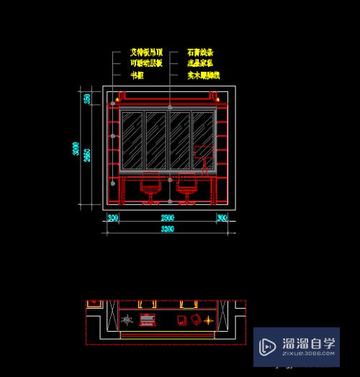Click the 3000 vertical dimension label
pyautogui.click(x=76, y=149)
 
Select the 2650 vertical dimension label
pyautogui.click(x=87, y=155)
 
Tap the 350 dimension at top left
pyautogui.click(x=87, y=98)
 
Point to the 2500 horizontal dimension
pyautogui.click(x=167, y=217)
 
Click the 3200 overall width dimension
pyautogui.click(x=167, y=229)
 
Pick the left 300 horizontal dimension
pyautogui.click(x=113, y=217)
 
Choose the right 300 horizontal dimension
pyautogui.click(x=222, y=217)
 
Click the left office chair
pyautogui.click(x=150, y=188)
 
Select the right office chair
pyautogui.click(x=186, y=188)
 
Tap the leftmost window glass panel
pyautogui.click(x=132, y=139)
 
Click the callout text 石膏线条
pyautogui.click(x=200, y=53)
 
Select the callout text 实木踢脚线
pyautogui.click(x=203, y=75)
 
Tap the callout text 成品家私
pyautogui.click(x=200, y=63)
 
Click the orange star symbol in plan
pyautogui.click(x=208, y=319)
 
